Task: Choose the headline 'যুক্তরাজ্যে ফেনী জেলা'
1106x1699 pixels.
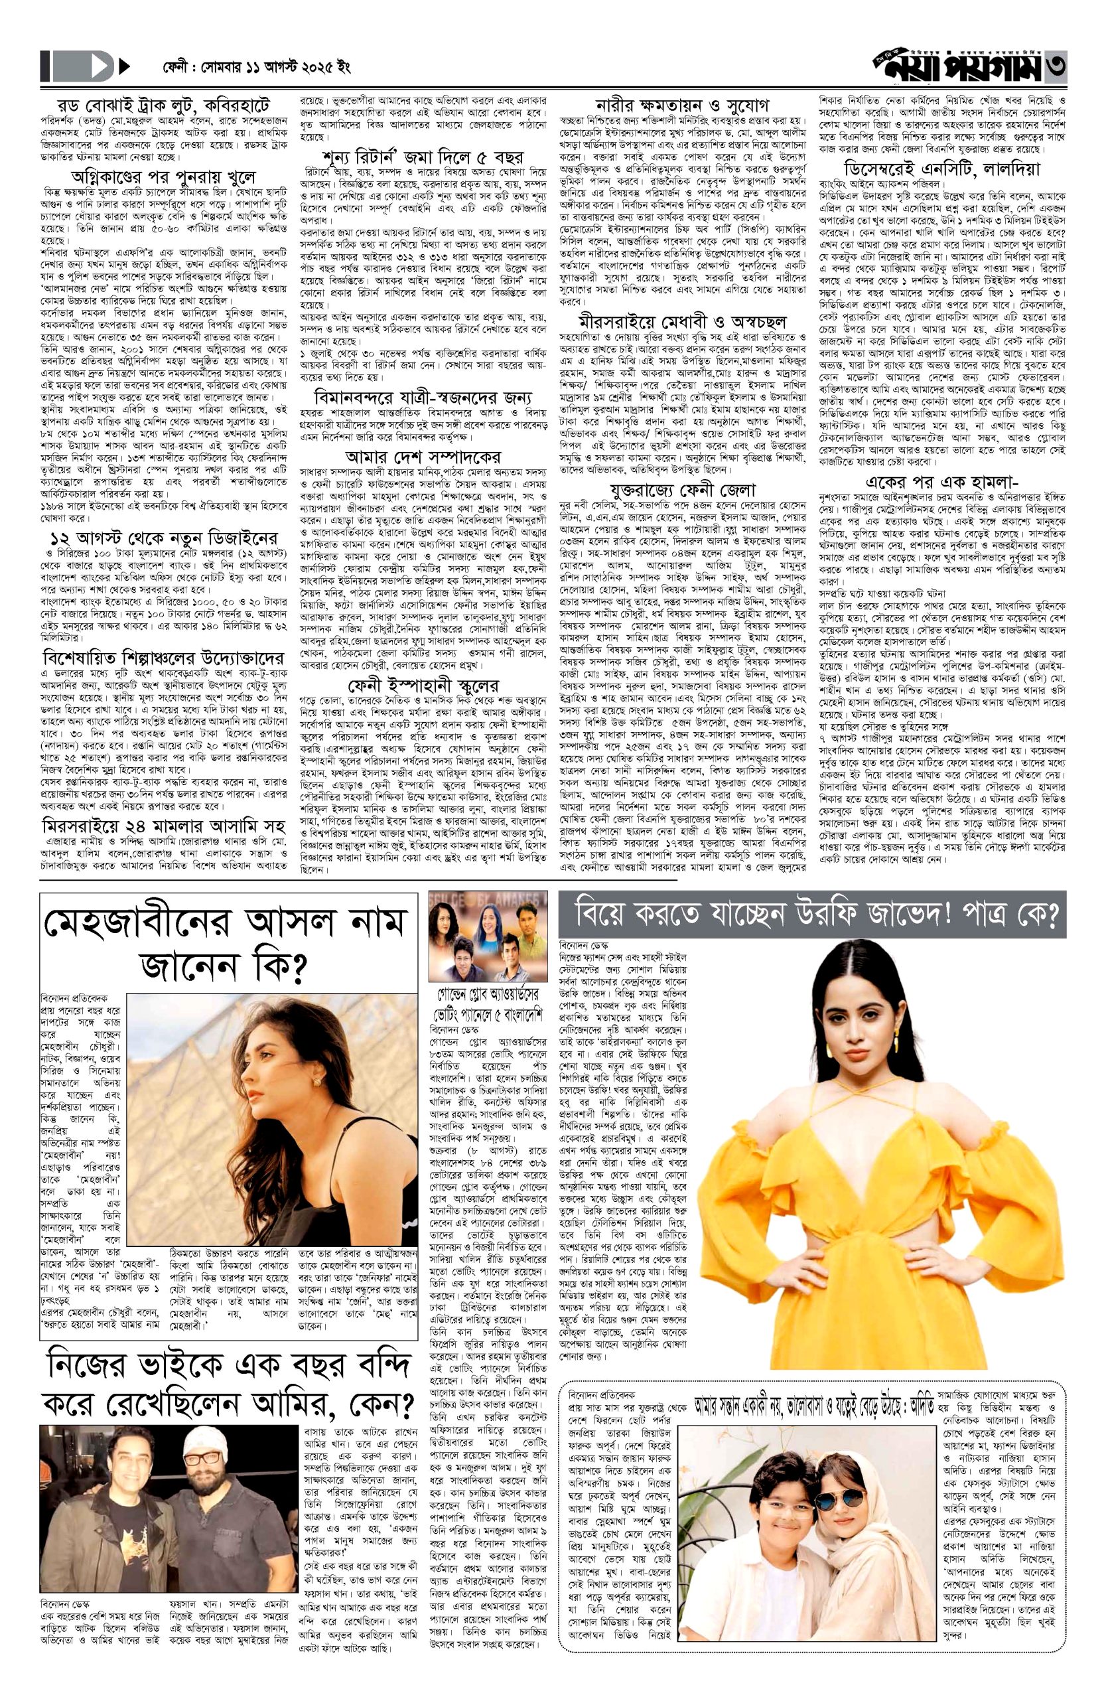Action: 681,490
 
